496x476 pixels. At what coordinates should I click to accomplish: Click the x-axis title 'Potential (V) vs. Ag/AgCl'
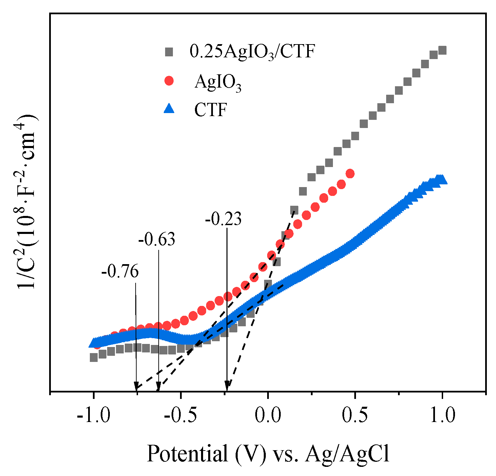click(x=268, y=454)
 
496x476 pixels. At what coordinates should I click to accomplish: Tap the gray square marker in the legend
click(x=168, y=52)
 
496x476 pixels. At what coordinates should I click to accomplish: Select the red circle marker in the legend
click(x=168, y=81)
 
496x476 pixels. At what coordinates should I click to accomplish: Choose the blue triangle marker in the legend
click(x=168, y=109)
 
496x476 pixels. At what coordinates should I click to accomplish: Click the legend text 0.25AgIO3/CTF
click(x=252, y=52)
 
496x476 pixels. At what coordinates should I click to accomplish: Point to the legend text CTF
click(x=210, y=110)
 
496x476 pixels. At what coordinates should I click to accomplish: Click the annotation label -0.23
click(x=223, y=219)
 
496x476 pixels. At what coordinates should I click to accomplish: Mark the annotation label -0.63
click(x=157, y=240)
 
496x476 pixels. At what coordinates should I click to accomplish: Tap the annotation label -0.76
click(x=120, y=272)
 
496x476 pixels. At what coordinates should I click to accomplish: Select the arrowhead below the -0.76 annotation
click(x=136, y=386)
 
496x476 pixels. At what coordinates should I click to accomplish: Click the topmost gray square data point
click(x=442, y=51)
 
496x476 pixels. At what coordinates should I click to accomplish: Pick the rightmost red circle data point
click(x=350, y=174)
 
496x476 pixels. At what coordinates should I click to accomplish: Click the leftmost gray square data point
click(x=94, y=357)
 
